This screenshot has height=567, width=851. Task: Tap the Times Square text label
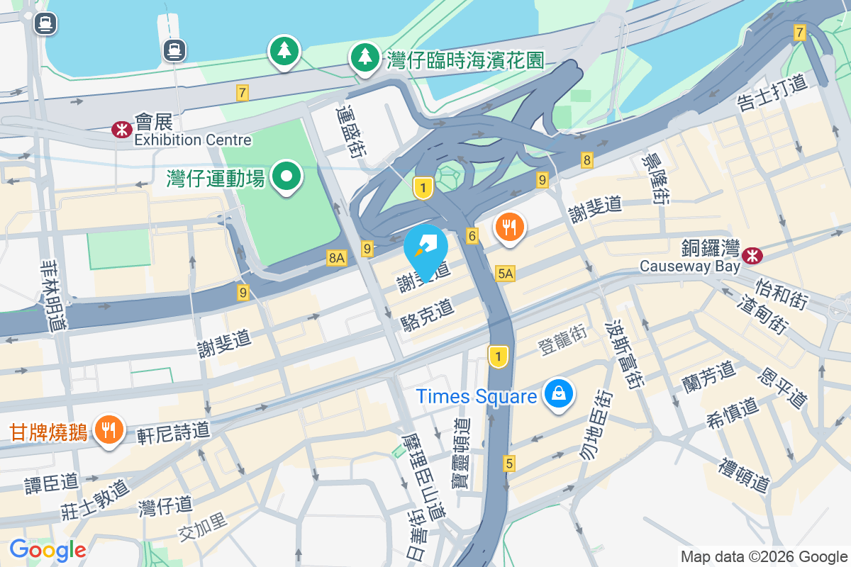pos(476,396)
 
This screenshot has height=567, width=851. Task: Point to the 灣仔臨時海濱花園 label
pos(465,60)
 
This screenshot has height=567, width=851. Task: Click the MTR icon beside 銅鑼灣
pos(751,252)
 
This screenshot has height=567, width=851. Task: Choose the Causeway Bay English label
pos(689,266)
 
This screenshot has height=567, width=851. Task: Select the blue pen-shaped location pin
pos(425,249)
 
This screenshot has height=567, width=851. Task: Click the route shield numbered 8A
pos(336,259)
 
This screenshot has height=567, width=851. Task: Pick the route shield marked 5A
pos(505,273)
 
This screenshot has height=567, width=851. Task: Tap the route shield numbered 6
pos(472,235)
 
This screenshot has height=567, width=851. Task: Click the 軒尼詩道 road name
pos(174,430)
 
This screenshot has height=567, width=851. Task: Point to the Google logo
pos(48,550)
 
